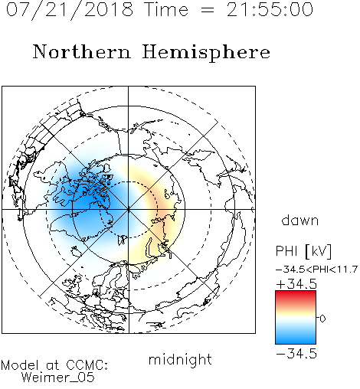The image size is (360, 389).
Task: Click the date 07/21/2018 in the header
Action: click(x=70, y=10)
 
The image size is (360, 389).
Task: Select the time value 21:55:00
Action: click(x=270, y=9)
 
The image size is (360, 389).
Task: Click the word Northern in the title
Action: click(x=82, y=51)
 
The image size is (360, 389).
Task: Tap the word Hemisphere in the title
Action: click(x=206, y=53)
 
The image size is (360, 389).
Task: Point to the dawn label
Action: click(x=300, y=220)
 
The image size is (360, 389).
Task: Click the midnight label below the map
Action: click(x=180, y=360)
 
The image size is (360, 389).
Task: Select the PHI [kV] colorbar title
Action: click(x=303, y=251)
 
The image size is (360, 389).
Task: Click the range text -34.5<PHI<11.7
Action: click(x=316, y=270)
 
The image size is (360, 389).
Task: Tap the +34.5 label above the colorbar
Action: click(x=296, y=284)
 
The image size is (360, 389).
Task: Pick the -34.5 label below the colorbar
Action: click(x=296, y=354)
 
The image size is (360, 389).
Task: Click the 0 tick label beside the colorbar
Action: click(x=322, y=319)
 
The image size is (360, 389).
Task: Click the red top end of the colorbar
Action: click(x=296, y=293)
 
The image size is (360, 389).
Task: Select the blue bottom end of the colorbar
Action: click(x=296, y=342)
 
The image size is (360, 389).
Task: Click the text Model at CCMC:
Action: click(x=54, y=365)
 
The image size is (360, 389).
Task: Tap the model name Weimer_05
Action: click(x=58, y=378)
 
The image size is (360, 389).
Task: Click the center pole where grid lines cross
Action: click(x=128, y=210)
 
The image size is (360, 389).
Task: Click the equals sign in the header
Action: click(x=208, y=11)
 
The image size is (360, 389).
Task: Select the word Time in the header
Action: click(x=166, y=9)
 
